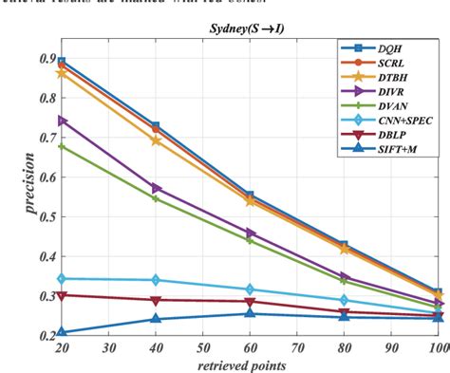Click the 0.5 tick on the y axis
click(x=47, y=216)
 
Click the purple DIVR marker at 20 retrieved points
click(x=63, y=121)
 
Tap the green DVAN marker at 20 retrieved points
click(x=63, y=146)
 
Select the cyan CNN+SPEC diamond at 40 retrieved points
click(x=157, y=280)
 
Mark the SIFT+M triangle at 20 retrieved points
click(x=63, y=332)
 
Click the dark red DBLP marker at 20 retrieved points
click(x=63, y=295)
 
